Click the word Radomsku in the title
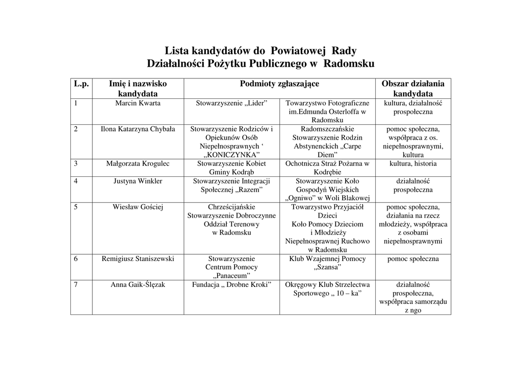pos(349,64)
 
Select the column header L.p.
pos(81,84)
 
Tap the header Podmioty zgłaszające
pos(279,84)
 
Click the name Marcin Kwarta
pos(138,103)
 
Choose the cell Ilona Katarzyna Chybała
pos(138,129)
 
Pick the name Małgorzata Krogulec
pos(138,164)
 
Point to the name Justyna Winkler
pos(138,181)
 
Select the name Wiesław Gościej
pos(138,207)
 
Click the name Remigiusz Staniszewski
pos(138,258)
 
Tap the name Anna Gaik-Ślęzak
pos(138,284)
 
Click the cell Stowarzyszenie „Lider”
pos(231,103)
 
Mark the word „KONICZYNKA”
pos(231,155)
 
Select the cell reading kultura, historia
pos(413,164)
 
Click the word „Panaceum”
pos(231,276)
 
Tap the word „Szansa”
pos(327,267)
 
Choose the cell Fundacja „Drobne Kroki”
pos(231,284)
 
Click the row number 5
pos(75,207)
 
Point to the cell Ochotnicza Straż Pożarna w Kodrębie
pos(327,168)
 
